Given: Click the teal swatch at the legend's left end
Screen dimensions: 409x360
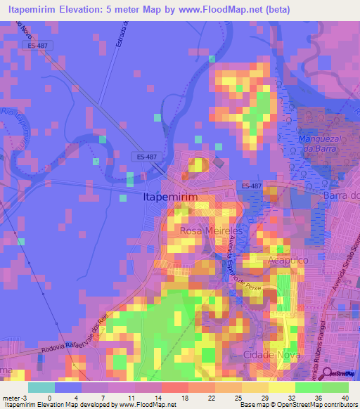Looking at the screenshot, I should tap(41, 387).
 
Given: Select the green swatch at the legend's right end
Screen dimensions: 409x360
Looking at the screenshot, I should tap(335, 387).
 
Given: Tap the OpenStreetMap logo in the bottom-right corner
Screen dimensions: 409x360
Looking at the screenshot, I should tap(342, 373).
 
